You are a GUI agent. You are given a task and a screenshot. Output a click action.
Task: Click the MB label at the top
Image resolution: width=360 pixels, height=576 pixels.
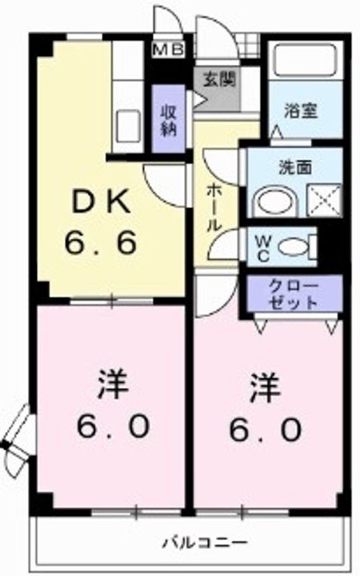click(x=169, y=50)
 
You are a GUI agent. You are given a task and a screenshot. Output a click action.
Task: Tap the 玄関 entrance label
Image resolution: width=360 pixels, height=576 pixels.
click(x=214, y=80)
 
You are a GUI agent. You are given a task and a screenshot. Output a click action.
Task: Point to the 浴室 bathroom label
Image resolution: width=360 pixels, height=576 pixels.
click(x=301, y=111)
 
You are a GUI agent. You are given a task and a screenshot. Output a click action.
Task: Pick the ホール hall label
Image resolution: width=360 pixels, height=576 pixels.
click(x=214, y=206)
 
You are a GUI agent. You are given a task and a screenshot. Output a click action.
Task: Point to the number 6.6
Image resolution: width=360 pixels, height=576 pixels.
click(x=102, y=242)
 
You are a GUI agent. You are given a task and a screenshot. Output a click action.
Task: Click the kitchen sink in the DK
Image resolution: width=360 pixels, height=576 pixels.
click(x=126, y=124)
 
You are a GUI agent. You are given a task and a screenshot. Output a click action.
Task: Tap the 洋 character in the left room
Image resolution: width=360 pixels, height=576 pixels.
click(x=113, y=385)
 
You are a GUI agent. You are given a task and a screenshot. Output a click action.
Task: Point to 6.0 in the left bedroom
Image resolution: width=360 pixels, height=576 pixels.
click(x=113, y=428)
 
